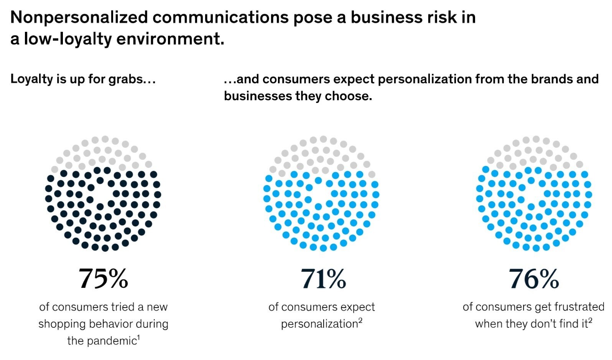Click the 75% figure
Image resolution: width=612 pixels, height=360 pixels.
click(103, 279)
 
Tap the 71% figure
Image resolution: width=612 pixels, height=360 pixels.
click(323, 279)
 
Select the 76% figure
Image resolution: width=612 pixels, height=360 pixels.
click(533, 279)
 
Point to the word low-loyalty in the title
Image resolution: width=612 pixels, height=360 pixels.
click(67, 39)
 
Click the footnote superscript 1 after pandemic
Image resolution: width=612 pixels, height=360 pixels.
click(138, 337)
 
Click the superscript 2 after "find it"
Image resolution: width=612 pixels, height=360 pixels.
click(590, 321)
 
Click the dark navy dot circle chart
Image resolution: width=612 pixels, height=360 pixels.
click(103, 194)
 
